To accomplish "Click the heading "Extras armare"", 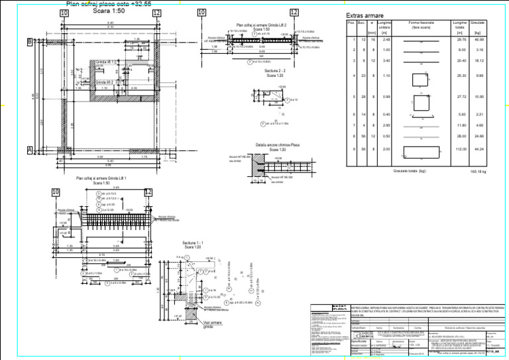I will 365,15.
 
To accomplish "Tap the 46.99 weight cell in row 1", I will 479,40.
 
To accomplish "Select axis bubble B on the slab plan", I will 29,42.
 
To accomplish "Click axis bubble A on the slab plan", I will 29,150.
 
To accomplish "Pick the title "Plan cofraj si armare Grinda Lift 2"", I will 261,25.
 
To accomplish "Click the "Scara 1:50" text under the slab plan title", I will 111,11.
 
